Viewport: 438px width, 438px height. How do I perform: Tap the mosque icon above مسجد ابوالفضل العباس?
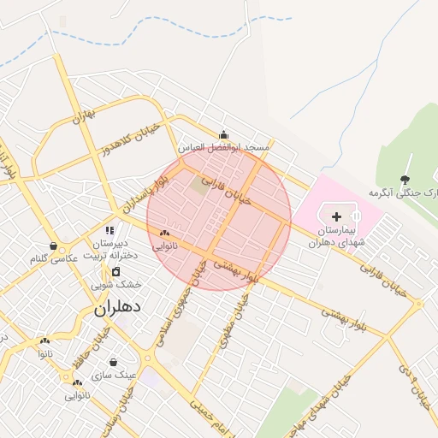[x=223, y=134]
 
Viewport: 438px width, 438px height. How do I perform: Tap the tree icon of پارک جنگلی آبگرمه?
[x=405, y=180]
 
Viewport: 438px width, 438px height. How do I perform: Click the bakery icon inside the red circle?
[x=164, y=233]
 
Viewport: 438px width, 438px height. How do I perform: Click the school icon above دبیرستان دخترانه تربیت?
[x=109, y=230]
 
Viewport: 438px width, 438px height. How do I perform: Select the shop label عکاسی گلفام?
[x=54, y=258]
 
